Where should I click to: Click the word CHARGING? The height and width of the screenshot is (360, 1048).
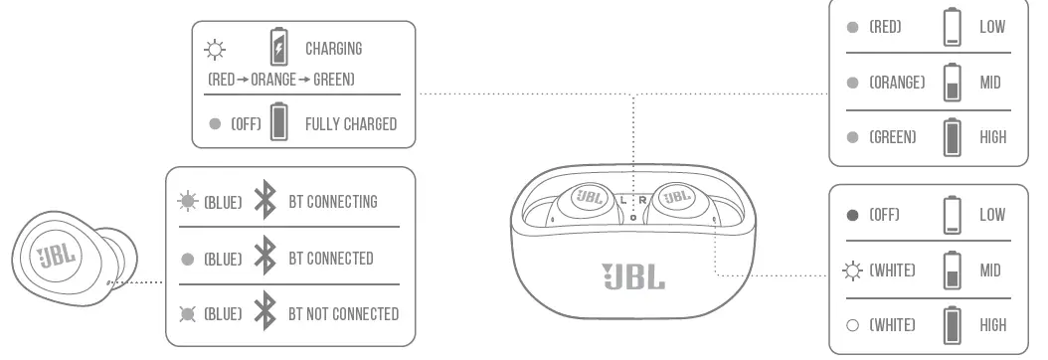(x=333, y=48)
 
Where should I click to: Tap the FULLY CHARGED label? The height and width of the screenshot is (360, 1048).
(x=350, y=124)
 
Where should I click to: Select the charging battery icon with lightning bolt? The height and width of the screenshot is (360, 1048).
(x=278, y=48)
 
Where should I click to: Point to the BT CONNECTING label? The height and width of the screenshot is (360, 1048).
(x=333, y=202)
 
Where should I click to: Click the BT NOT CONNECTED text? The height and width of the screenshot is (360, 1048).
(x=343, y=314)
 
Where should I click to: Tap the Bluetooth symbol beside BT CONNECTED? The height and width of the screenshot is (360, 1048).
(x=264, y=259)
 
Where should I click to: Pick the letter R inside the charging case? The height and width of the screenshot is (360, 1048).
(x=642, y=199)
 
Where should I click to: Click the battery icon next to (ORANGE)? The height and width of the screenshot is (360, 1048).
(x=953, y=83)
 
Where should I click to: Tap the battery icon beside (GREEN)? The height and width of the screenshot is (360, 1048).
(x=953, y=137)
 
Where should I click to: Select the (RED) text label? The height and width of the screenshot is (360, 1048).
(x=885, y=27)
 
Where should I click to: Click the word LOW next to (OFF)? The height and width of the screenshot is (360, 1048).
(x=992, y=215)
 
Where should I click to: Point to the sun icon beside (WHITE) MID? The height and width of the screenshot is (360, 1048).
(x=852, y=270)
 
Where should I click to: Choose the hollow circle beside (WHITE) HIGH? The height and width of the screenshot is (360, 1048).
(x=852, y=325)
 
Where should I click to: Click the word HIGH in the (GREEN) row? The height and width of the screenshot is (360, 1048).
(x=992, y=137)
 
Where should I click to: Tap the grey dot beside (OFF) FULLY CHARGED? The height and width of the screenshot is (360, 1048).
(x=215, y=124)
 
